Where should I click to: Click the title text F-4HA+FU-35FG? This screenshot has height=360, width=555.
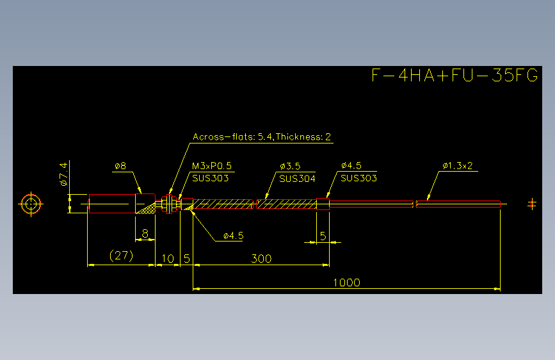pos(455,75)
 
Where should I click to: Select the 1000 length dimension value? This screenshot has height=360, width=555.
pos(346,282)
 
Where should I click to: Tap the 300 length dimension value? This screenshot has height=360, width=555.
pos(261,259)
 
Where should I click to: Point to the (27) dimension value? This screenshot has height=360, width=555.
pos(122,256)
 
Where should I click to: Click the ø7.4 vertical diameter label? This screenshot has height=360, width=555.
pos(63,174)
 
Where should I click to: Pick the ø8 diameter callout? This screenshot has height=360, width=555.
pos(120,166)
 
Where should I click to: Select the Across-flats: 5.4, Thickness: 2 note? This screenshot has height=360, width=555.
pos(262,137)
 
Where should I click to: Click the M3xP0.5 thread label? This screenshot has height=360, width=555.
pos(212,166)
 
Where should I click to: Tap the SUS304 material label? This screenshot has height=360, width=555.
pos(297,179)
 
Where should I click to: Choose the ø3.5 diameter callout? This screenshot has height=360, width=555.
pos(290,166)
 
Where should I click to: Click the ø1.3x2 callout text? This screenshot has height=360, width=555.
pos(457,166)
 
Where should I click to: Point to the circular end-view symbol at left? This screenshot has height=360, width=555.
pos(31,204)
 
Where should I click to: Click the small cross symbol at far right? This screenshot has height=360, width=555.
pos(532,204)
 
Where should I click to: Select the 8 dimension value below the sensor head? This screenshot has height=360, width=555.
pos(145,234)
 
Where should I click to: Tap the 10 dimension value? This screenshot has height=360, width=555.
pos(168,259)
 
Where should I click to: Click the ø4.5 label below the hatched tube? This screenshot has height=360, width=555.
pos(233,236)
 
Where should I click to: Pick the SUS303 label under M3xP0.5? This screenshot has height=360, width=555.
pos(210,178)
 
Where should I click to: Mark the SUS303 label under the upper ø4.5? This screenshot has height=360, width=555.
pos(358,178)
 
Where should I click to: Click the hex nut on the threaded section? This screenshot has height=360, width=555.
pos(169,204)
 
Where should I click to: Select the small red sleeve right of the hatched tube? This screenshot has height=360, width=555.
pos(323,204)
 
